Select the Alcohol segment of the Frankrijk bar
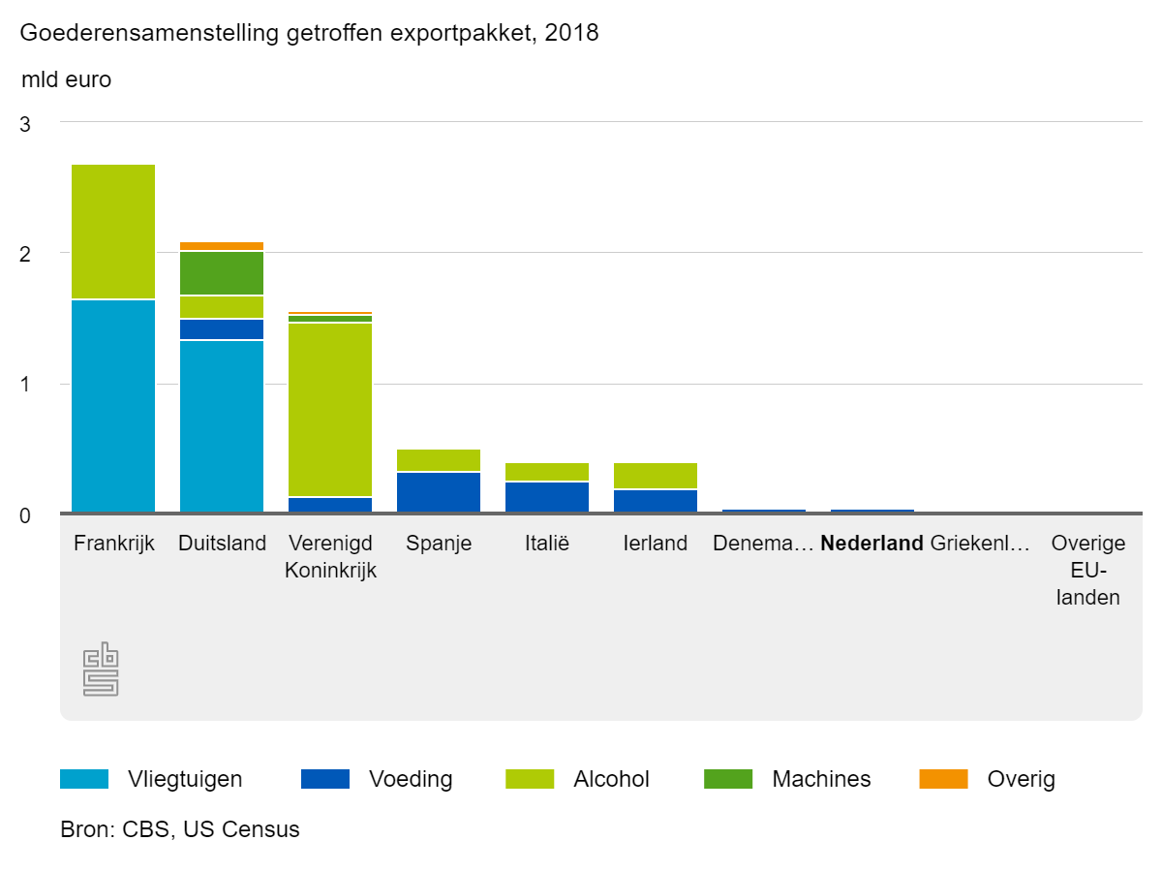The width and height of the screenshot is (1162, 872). (x=113, y=232)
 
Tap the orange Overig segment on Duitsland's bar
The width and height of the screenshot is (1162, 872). (x=222, y=246)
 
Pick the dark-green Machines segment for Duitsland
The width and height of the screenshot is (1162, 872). (x=222, y=273)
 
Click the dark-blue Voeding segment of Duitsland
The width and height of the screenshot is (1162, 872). (x=222, y=329)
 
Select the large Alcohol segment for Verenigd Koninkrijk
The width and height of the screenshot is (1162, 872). (x=330, y=409)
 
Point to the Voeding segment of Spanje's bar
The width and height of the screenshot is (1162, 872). (x=439, y=491)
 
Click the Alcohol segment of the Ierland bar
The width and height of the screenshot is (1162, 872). (x=656, y=476)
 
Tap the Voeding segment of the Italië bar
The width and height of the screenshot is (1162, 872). (x=547, y=496)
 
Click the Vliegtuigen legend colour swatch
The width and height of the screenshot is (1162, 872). (x=83, y=779)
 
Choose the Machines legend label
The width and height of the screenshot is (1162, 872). (x=821, y=779)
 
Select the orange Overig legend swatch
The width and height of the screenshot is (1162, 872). (x=943, y=779)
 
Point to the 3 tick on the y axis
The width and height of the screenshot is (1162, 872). (x=26, y=125)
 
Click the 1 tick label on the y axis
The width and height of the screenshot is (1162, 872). (x=26, y=385)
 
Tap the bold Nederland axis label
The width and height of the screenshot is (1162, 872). (x=871, y=544)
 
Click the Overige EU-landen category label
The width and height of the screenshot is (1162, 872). (x=1088, y=570)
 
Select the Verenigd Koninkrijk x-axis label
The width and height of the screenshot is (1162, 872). (x=330, y=557)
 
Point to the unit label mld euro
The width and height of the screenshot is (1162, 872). (x=66, y=80)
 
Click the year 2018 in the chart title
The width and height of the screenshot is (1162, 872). (x=572, y=34)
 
